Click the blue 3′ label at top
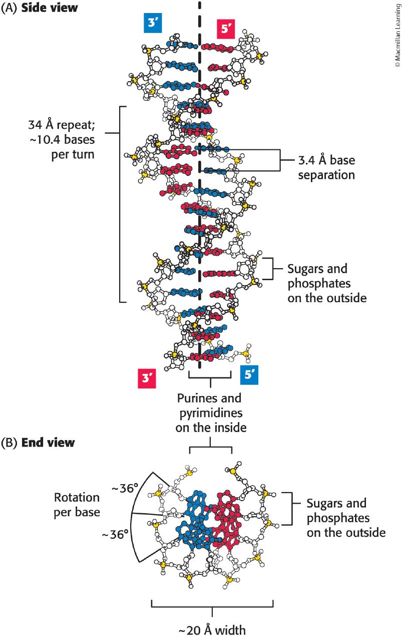152,24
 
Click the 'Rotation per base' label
77,505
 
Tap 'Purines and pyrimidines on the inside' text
209,413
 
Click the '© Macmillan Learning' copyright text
397,35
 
